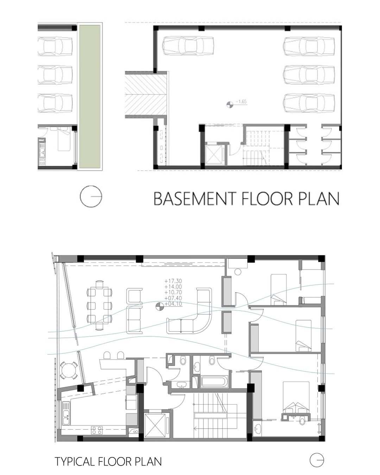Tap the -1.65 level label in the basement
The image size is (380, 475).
pyautogui.click(x=241, y=102)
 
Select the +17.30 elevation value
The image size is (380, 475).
pyautogui.click(x=173, y=281)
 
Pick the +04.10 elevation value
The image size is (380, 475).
pyautogui.click(x=173, y=304)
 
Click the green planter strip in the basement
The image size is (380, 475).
pyautogui.click(x=90, y=96)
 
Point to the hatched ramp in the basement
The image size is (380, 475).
pyautogui.click(x=146, y=94)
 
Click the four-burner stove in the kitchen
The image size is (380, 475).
pyautogui.click(x=97, y=430)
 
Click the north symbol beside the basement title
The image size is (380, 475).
pyautogui.click(x=91, y=196)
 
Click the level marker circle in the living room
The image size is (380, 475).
pyautogui.click(x=159, y=306)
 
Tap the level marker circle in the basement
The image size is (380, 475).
pyautogui.click(x=230, y=104)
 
